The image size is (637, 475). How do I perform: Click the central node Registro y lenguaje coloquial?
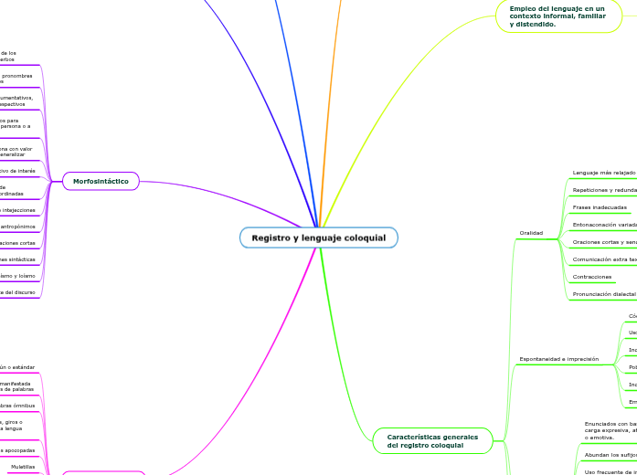tap(318, 237)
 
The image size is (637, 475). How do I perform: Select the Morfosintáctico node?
tap(101, 182)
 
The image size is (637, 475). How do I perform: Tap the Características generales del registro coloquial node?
tap(432, 441)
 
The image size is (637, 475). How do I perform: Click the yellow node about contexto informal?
tap(557, 16)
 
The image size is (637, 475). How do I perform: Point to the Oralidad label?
tap(531, 233)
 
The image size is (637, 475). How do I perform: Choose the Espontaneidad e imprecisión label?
tap(558, 359)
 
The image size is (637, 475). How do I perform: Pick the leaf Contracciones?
tap(592, 277)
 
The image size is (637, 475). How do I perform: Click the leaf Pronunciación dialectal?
tap(603, 294)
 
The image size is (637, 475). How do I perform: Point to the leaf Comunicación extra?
tap(603, 259)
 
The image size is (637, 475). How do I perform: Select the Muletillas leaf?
tap(23, 467)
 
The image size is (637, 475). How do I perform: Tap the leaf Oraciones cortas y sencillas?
tap(603, 242)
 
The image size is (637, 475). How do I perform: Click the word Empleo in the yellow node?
tap(525, 8)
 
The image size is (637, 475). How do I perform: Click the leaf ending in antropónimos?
tap(17, 227)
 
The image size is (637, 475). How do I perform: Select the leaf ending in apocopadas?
tap(17, 450)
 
